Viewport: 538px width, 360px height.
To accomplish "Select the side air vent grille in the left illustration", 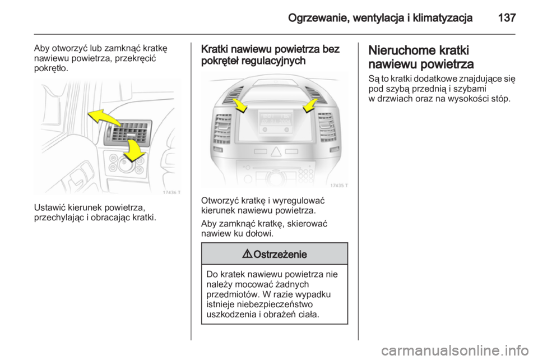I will click(x=127, y=133).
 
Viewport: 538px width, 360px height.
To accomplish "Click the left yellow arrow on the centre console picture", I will click(x=240, y=105).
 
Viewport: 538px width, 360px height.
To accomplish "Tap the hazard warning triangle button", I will click(x=275, y=151).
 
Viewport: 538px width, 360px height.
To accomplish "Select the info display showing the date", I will click(x=274, y=119).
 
